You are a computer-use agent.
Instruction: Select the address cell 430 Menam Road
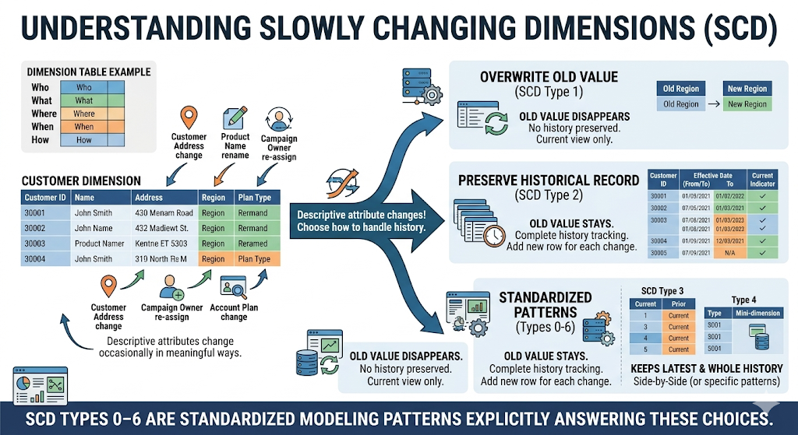(x=163, y=213)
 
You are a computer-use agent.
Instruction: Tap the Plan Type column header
(x=254, y=198)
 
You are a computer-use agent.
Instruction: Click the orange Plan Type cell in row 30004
(x=254, y=259)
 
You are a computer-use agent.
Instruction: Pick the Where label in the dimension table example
(x=43, y=114)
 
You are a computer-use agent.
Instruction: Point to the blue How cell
(x=84, y=140)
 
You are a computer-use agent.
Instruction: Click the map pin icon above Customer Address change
(x=188, y=119)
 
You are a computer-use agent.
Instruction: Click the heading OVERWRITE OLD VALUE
(x=549, y=77)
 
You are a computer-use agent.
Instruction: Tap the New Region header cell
(x=747, y=89)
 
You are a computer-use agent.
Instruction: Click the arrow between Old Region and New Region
(x=712, y=104)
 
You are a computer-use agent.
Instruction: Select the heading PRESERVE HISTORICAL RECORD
(x=549, y=181)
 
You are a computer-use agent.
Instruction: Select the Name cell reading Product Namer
(x=99, y=244)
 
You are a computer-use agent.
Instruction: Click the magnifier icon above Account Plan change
(x=234, y=289)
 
